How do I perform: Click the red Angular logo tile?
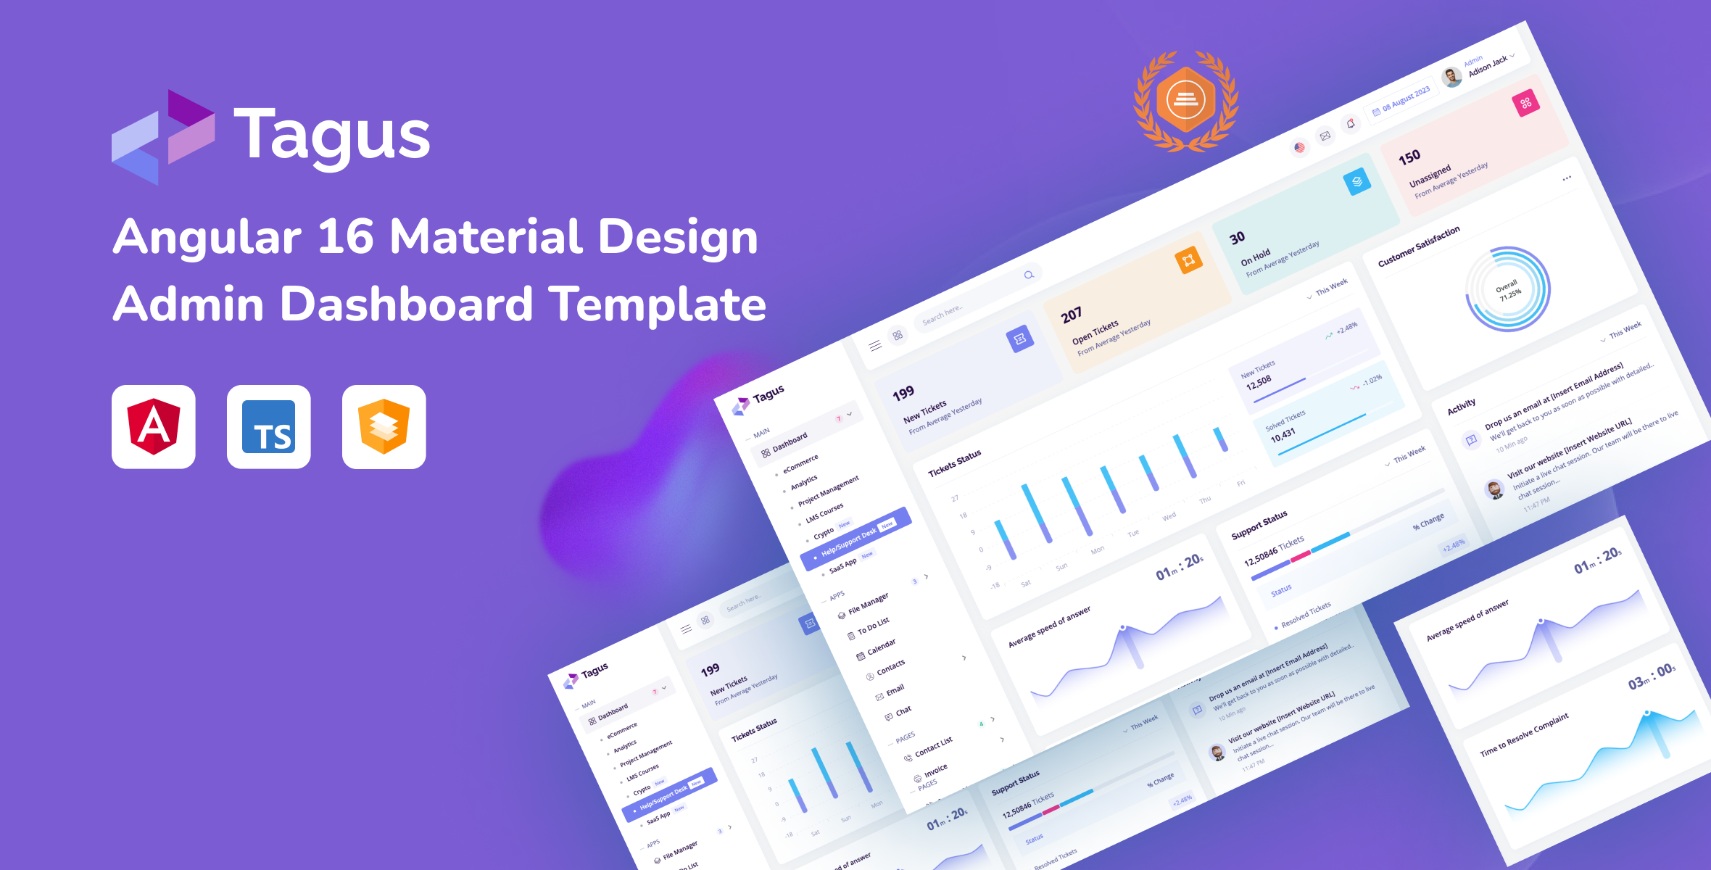[153, 426]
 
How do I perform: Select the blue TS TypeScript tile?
[268, 426]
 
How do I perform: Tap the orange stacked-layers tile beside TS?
[384, 426]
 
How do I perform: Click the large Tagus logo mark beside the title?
[163, 137]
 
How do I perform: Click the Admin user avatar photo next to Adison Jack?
[1451, 77]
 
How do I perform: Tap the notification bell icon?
[1351, 123]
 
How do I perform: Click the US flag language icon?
[1299, 147]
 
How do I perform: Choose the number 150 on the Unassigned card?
[1409, 157]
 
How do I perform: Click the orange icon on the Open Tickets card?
[1188, 260]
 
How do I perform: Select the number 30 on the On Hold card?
[1237, 238]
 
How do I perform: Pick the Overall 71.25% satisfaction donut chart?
[1508, 289]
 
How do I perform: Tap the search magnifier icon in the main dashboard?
[1029, 275]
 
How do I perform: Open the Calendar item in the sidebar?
[881, 647]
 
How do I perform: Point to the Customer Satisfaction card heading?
[1419, 246]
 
